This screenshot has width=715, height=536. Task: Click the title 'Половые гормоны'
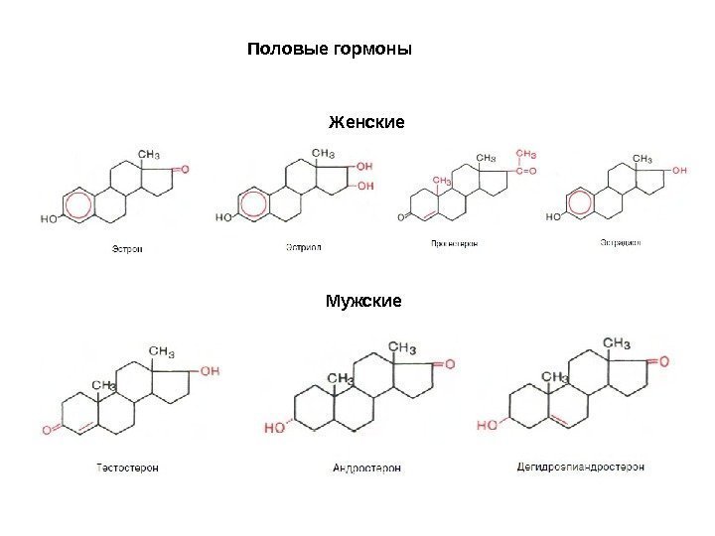(329, 49)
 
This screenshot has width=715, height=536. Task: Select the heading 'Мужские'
(363, 297)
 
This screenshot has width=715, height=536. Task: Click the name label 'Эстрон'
(126, 249)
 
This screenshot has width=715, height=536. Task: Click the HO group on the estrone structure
(50, 215)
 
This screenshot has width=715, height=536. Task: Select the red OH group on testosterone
(211, 370)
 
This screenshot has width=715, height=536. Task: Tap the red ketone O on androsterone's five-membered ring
(450, 365)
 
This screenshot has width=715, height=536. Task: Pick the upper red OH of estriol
(364, 166)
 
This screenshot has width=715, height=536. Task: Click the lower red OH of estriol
(365, 186)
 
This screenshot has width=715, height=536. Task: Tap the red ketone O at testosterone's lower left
(47, 430)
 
